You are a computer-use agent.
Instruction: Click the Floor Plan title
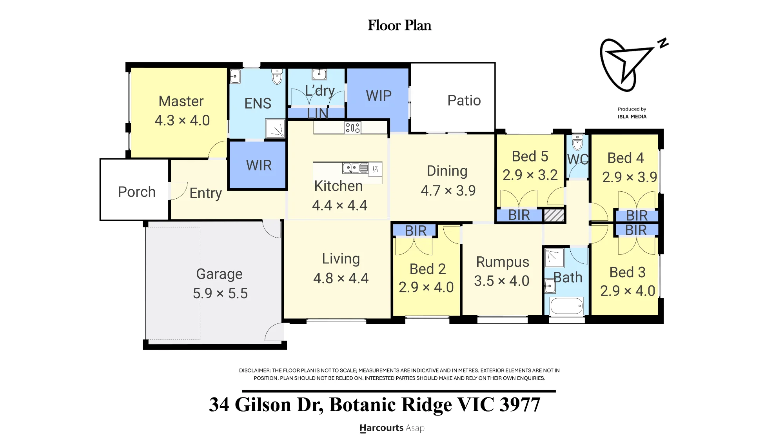[x=399, y=25]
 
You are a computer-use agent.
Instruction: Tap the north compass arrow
[x=627, y=65]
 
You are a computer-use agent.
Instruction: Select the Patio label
[x=464, y=101]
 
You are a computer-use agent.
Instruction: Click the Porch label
[x=137, y=192]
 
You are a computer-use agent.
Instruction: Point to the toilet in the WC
[x=577, y=143]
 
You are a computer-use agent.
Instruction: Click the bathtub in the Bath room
[x=567, y=306]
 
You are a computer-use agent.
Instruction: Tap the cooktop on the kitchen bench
[x=353, y=127]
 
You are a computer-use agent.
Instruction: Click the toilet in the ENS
[x=277, y=76]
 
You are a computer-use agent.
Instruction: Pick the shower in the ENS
[x=276, y=128]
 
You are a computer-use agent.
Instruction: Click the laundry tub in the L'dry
[x=319, y=74]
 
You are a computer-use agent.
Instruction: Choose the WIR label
[x=259, y=165]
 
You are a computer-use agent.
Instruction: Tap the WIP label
[x=379, y=96]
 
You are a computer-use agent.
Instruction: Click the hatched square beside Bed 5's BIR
[x=554, y=215]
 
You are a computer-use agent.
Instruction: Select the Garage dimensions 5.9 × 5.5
[x=220, y=293]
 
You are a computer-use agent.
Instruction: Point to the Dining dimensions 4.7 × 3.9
[x=448, y=191]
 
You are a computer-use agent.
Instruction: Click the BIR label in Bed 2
[x=416, y=231]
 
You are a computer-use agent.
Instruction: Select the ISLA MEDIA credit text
[x=632, y=116]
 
